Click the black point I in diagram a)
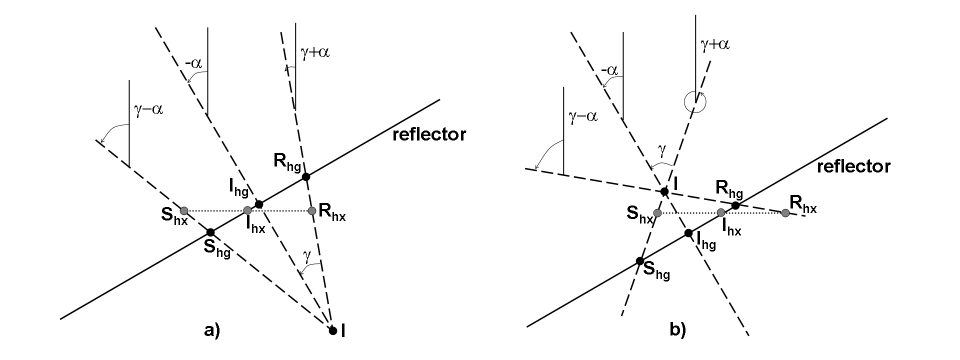pos(332,330)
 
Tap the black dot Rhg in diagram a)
pos(306,176)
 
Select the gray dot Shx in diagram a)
pos(183,210)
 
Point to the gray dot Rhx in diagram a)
pos(312,210)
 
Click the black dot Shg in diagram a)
pos(210,232)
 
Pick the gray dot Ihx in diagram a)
pos(247,210)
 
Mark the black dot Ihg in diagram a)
pos(258,204)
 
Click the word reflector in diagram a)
pos(429,135)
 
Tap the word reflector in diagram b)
pos(853,166)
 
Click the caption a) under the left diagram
pos(212,330)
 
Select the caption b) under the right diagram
pos(677,330)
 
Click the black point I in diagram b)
pos(664,191)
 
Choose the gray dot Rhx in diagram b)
pos(785,213)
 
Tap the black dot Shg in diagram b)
pos(639,261)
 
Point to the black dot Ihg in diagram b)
pos(688,233)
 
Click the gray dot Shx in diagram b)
pos(657,213)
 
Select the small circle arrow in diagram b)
pos(695,102)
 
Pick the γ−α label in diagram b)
pos(583,117)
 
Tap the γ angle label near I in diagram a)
pos(307,255)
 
